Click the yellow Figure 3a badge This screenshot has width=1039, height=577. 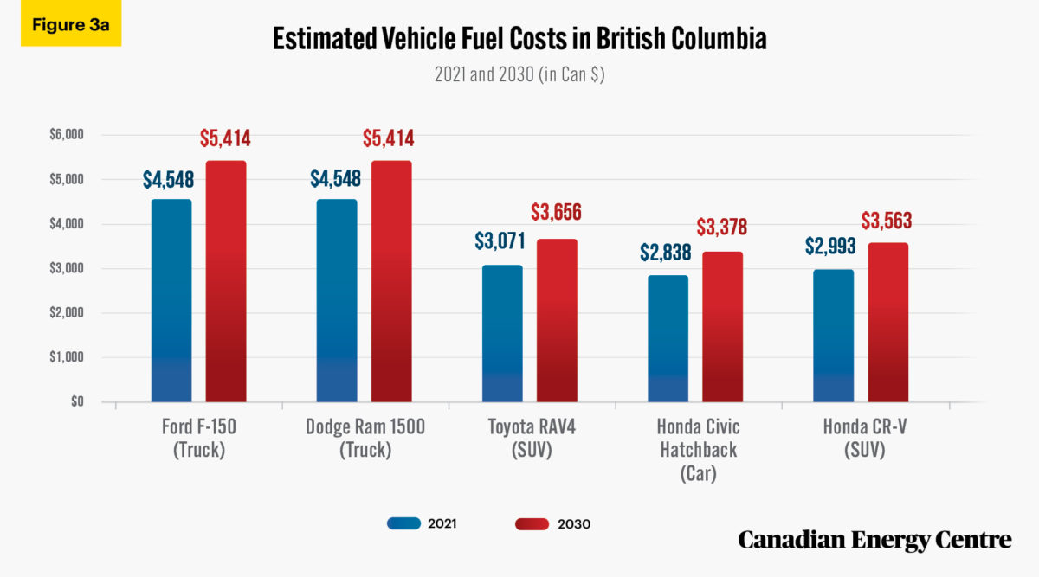pyautogui.click(x=71, y=23)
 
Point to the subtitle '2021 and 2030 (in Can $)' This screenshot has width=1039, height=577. pyautogui.click(x=519, y=75)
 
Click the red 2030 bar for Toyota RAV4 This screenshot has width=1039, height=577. pyautogui.click(x=557, y=320)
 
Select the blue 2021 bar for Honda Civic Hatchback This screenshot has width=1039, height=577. pyautogui.click(x=668, y=338)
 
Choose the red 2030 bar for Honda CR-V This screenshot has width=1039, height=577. pyautogui.click(x=887, y=323)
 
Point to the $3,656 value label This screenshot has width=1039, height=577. pyautogui.click(x=557, y=212)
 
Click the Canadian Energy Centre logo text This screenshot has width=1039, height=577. pyautogui.click(x=874, y=540)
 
